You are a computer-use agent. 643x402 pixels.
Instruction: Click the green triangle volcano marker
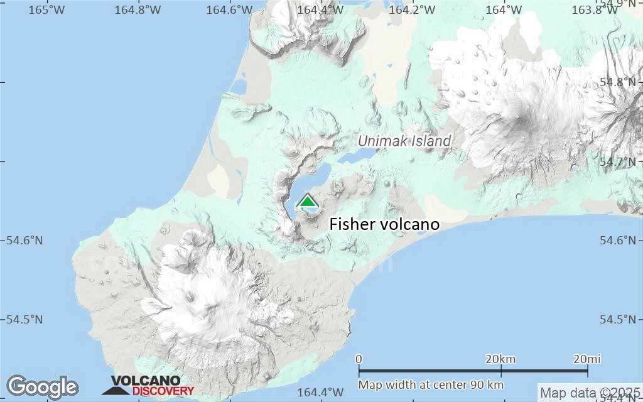tap(308, 201)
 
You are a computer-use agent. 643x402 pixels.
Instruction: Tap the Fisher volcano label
tap(384, 224)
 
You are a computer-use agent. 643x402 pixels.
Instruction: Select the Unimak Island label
tap(404, 141)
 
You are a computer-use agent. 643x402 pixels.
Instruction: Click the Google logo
tap(42, 387)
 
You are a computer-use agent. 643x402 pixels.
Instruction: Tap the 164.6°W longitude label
tap(229, 9)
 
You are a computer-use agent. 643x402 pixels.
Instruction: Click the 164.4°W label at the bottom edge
tap(320, 393)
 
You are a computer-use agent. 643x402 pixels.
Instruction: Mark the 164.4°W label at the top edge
tap(320, 9)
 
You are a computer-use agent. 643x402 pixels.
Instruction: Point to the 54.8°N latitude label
tap(619, 82)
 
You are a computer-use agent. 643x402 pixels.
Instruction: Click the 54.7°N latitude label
tap(619, 161)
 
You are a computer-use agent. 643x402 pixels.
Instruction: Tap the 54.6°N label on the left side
tap(24, 241)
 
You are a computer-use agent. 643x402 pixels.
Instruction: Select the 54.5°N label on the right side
tap(619, 319)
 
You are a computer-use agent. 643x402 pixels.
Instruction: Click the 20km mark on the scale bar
tap(501, 359)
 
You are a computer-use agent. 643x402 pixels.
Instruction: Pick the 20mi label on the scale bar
tap(586, 359)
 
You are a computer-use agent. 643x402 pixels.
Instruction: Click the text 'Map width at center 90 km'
tap(431, 384)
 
